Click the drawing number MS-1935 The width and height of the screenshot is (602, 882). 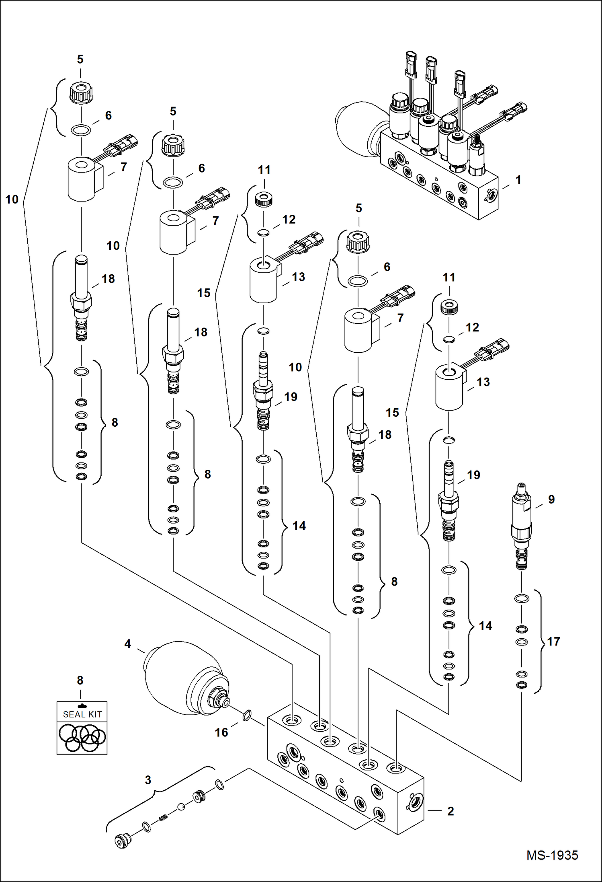(552, 855)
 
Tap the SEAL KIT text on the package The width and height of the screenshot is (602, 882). (82, 714)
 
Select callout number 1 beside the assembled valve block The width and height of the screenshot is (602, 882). (518, 180)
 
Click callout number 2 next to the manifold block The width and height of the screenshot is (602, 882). (450, 811)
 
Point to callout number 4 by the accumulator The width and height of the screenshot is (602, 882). (127, 644)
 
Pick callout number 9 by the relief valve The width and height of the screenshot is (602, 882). (551, 499)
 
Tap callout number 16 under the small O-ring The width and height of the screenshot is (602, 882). (221, 732)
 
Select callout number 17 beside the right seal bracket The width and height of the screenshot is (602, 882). (553, 641)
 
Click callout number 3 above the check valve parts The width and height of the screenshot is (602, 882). (148, 780)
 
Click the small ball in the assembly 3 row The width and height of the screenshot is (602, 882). (181, 806)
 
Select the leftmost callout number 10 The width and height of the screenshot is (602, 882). (12, 199)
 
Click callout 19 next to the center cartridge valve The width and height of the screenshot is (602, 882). (291, 397)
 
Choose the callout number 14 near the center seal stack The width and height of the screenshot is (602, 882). (299, 526)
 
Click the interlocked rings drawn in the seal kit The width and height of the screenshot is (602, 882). (82, 737)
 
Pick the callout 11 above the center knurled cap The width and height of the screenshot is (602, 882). (264, 170)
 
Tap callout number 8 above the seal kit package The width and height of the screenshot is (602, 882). (80, 680)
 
